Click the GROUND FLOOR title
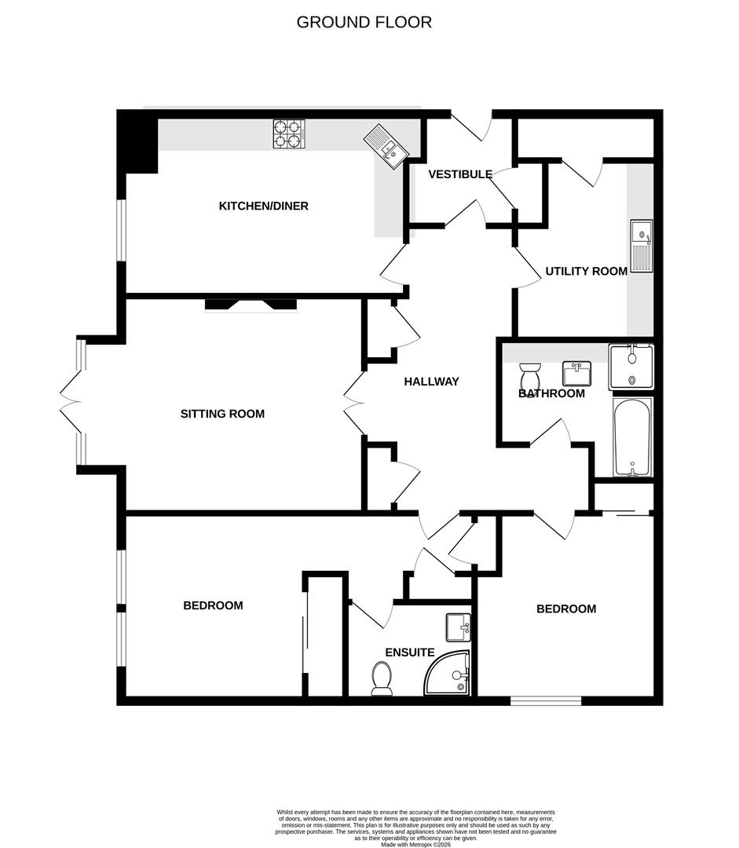point(364,22)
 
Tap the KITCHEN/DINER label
point(263,206)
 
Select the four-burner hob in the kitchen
point(289,134)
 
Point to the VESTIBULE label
point(460,174)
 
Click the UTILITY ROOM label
point(587,271)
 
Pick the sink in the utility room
point(641,247)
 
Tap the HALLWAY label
point(431,382)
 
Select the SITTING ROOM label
point(222,414)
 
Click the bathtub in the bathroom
point(632,437)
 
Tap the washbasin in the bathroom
point(576,373)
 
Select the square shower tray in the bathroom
point(631,367)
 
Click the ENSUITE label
point(409,652)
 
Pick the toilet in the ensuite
point(382,678)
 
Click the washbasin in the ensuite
point(458,627)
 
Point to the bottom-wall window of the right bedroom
point(546,701)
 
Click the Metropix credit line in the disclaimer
point(415,844)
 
